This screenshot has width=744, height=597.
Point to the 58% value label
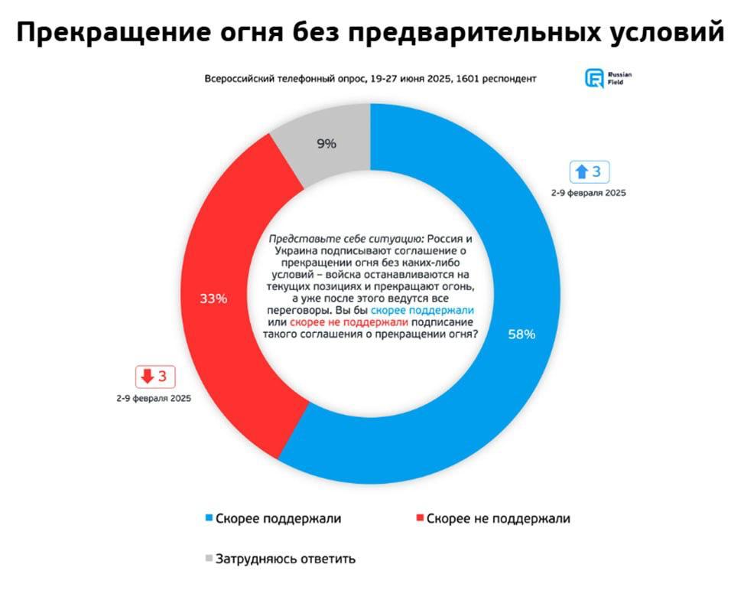point(522,334)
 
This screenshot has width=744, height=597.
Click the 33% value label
point(213,298)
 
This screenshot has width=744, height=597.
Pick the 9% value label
point(326,142)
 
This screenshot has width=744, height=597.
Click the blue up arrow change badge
point(590,172)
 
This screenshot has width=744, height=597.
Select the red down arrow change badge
point(155,377)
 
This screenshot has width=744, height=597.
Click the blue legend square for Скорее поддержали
point(210,519)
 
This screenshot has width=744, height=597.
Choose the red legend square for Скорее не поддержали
point(419,519)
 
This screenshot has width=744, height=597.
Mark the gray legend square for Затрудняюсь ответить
point(210,558)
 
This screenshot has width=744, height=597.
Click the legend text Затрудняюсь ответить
point(286,558)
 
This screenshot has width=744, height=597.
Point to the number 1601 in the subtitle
point(469,79)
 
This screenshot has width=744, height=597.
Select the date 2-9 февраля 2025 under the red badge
point(154,398)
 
